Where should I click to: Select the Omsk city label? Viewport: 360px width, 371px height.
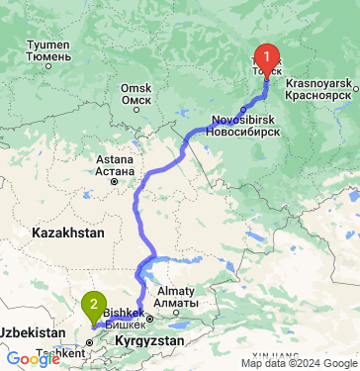pyautogui.click(x=135, y=93)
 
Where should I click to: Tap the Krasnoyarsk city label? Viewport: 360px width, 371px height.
pyautogui.click(x=318, y=90)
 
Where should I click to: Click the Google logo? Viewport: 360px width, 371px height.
pyautogui.click(x=32, y=359)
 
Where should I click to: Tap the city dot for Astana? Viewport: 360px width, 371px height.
pyautogui.click(x=115, y=181)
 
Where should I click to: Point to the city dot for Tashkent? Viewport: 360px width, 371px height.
pyautogui.click(x=89, y=341)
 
